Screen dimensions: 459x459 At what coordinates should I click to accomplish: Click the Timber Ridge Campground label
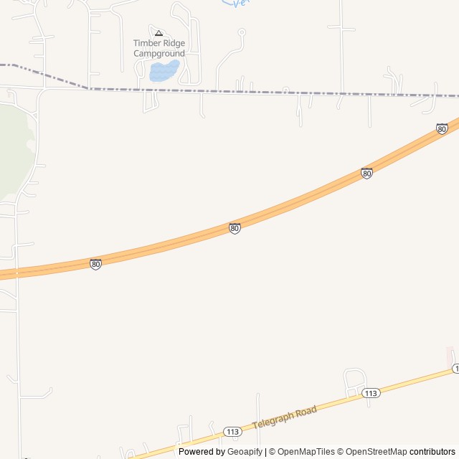pyautogui.click(x=159, y=48)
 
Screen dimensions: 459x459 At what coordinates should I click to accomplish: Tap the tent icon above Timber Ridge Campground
pyautogui.click(x=159, y=33)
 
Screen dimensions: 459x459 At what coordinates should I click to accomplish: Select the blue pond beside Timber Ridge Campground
pyautogui.click(x=164, y=71)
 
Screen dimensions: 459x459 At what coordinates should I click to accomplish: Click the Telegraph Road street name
pyautogui.click(x=285, y=417)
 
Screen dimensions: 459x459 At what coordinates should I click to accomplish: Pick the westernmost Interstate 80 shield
pyautogui.click(x=95, y=264)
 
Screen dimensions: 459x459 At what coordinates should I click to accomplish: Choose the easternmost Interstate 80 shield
pyautogui.click(x=442, y=129)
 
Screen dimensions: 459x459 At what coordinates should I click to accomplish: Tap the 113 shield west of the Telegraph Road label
pyautogui.click(x=232, y=431)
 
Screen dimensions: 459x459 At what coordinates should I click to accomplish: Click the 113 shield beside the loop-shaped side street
pyautogui.click(x=370, y=393)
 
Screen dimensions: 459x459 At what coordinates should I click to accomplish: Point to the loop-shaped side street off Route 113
pyautogui.click(x=355, y=378)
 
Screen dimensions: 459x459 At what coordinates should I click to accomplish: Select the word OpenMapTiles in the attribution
pyautogui.click(x=306, y=452)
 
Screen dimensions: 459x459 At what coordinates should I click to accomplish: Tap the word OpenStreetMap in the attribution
pyautogui.click(x=377, y=452)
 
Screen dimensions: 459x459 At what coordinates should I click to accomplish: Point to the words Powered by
pyautogui.click(x=202, y=452)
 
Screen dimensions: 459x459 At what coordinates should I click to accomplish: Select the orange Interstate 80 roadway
pyautogui.click(x=301, y=202)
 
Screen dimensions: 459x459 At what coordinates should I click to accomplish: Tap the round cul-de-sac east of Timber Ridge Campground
pyautogui.click(x=242, y=32)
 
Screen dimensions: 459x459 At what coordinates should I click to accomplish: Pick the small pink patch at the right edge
pyautogui.click(x=450, y=356)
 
